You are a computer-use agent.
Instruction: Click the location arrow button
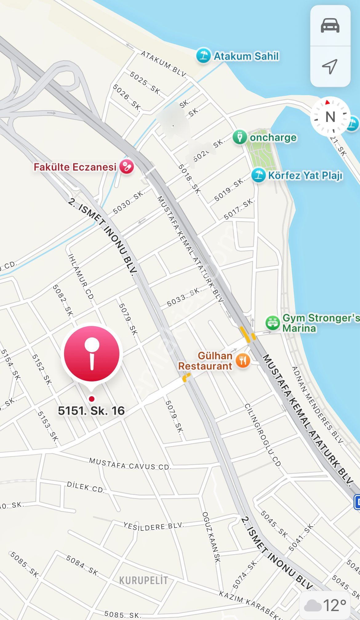[330, 66]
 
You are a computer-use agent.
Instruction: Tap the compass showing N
[330, 117]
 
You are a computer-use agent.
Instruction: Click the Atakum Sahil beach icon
[203, 56]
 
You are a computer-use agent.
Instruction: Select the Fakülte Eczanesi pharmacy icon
[126, 167]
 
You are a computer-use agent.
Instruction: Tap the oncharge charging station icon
[240, 137]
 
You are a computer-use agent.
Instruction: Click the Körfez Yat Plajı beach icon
[258, 175]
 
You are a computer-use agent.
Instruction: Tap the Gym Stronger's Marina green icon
[272, 323]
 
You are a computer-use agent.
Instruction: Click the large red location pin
[92, 354]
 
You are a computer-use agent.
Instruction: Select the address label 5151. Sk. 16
[91, 411]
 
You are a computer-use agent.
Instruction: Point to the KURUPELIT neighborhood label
[143, 581]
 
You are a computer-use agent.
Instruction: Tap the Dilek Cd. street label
[86, 487]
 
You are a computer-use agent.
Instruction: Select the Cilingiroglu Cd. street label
[263, 436]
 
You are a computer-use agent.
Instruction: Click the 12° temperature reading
[334, 606]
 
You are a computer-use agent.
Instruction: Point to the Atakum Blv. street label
[164, 64]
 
